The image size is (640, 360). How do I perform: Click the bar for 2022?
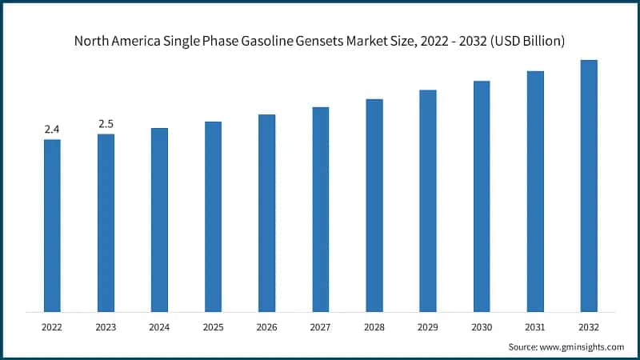(x=52, y=226)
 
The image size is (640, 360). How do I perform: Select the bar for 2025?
(x=213, y=217)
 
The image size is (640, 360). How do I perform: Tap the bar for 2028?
(x=374, y=206)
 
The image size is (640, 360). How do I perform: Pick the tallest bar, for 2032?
(x=589, y=186)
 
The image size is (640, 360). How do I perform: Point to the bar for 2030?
(x=482, y=196)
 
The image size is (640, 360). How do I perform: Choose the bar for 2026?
(x=266, y=213)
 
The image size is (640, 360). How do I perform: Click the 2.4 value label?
(x=52, y=129)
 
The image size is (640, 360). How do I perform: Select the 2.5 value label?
(x=106, y=123)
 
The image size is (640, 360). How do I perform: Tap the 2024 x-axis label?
(x=159, y=326)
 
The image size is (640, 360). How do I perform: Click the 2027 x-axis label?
(x=320, y=326)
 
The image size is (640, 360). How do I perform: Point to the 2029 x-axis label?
(x=428, y=326)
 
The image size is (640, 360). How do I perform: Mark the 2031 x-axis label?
(x=535, y=326)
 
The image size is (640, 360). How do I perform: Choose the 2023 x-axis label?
(x=106, y=326)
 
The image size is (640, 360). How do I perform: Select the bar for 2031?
(x=535, y=191)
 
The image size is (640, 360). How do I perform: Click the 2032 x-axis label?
(x=589, y=326)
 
